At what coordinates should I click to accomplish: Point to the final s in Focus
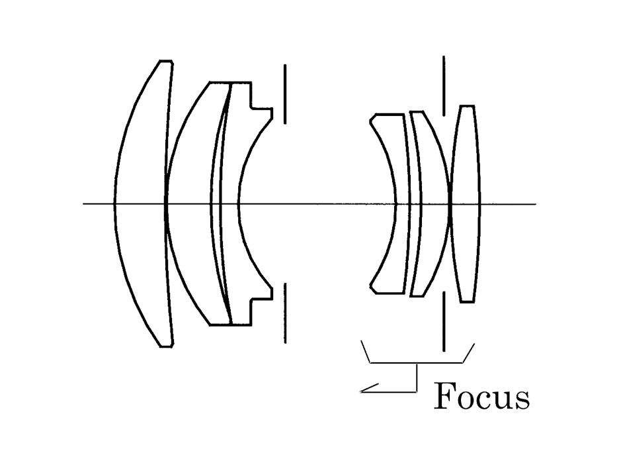coord(522,399)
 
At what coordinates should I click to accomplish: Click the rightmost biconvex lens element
coord(466,203)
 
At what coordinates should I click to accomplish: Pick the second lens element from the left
coord(192,203)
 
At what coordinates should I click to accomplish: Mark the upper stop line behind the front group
coord(285,93)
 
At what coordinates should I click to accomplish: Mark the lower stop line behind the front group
coord(285,313)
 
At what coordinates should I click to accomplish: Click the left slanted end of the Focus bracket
coord(365,351)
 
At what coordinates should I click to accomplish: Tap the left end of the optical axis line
coord(84,203)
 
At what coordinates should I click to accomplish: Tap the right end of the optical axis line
coord(534,203)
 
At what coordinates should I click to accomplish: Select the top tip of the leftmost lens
coord(165,62)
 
